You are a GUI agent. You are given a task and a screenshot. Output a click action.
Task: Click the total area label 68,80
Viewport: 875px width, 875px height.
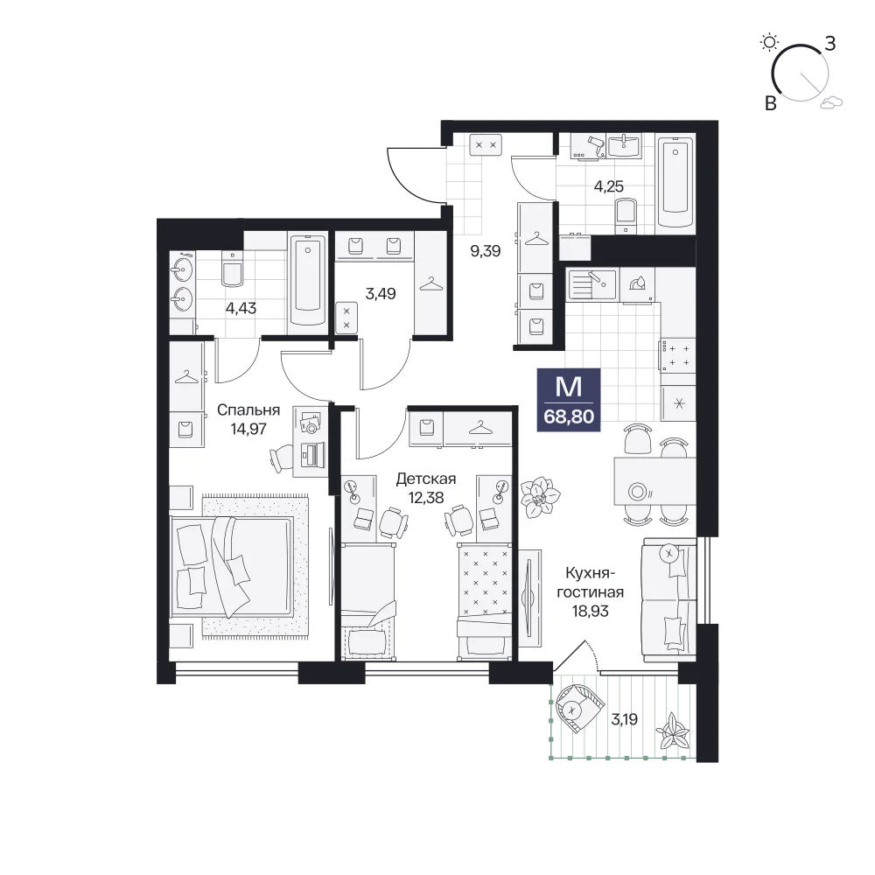569,416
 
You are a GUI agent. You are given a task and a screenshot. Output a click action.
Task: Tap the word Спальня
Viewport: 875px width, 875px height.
248,410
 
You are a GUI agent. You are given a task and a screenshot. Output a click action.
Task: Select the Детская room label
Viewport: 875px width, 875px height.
426,479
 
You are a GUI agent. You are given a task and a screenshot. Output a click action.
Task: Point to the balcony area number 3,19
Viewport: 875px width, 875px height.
624,719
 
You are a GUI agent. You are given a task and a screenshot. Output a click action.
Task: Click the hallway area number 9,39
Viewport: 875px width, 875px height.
486,251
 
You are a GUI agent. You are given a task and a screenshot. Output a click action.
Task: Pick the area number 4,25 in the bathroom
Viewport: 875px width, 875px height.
608,186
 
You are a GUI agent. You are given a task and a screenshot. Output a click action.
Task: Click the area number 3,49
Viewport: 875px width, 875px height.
381,293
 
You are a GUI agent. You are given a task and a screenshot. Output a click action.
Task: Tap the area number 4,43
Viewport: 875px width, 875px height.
241,308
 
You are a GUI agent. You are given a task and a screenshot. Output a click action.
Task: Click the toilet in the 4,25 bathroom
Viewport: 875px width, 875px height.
626,216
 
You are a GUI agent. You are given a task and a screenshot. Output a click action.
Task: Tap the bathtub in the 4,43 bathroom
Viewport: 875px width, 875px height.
307,281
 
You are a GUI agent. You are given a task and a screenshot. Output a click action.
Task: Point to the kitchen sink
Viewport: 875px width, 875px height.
591,284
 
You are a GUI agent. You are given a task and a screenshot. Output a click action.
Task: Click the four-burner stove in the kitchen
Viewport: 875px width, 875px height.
678,355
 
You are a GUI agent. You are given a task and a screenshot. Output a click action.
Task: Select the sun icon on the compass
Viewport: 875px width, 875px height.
769,42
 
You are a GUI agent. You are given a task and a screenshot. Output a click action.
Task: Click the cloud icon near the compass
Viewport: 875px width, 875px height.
831,101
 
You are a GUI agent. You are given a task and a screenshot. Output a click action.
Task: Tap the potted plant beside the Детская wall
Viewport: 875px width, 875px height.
540,496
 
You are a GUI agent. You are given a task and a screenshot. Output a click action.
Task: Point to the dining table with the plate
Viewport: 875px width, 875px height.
655,481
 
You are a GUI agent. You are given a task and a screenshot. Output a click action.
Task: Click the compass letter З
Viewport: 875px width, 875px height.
829,44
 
